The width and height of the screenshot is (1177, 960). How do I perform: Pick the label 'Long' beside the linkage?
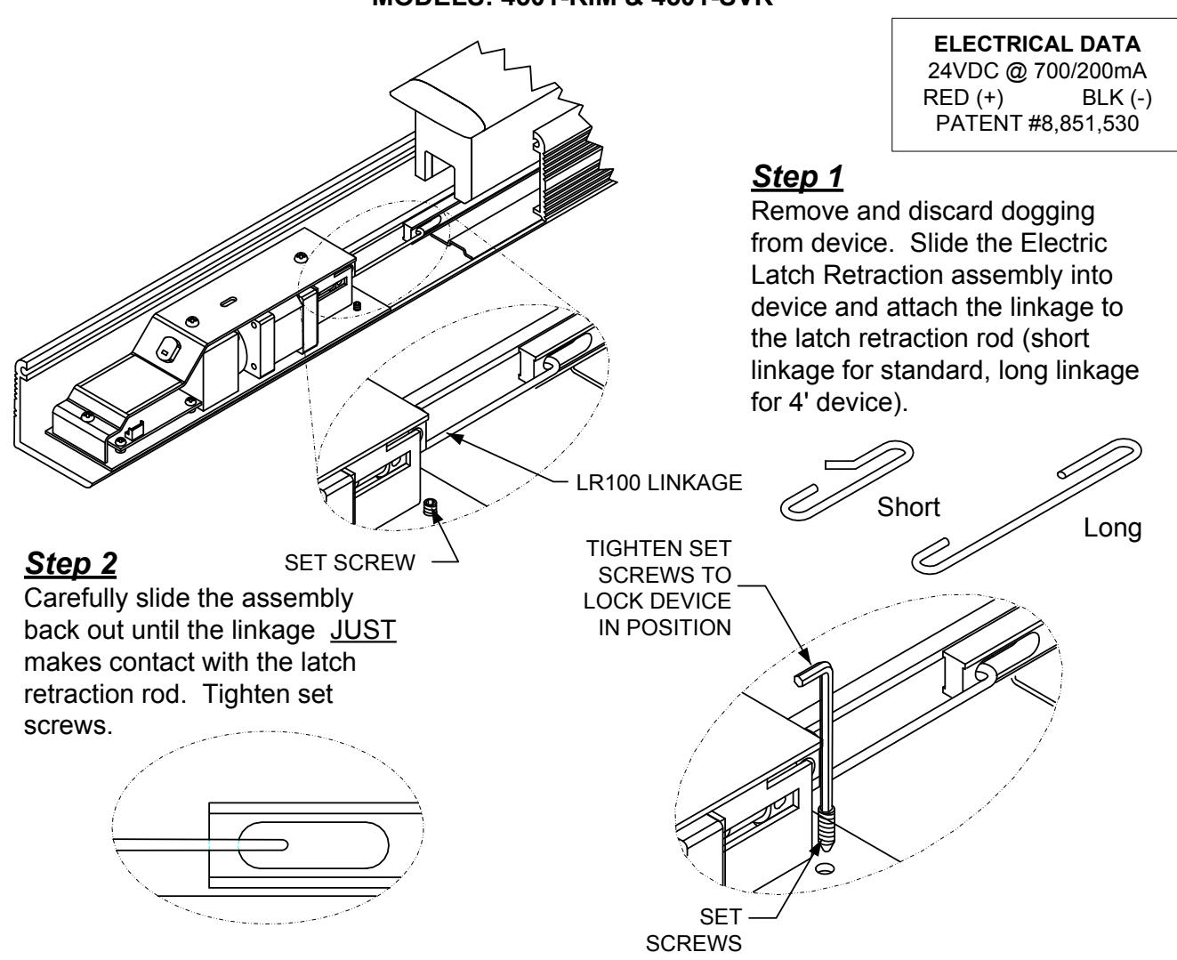1112,528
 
